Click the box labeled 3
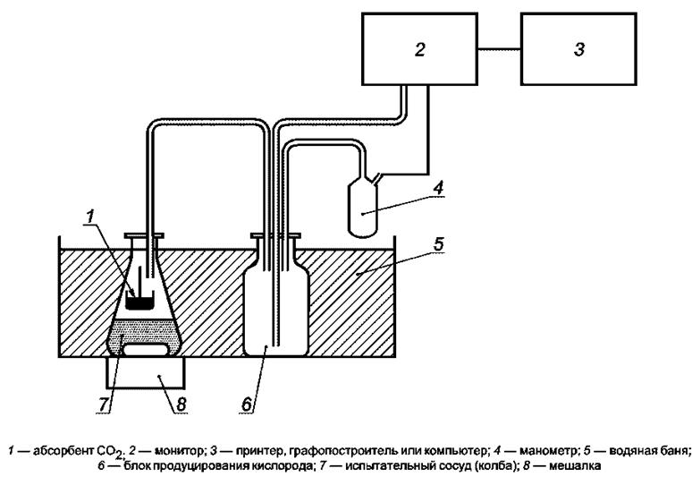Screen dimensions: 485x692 578,48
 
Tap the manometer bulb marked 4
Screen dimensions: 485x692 363,209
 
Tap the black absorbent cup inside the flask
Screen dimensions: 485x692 136,302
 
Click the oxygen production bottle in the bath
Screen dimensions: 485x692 275,300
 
